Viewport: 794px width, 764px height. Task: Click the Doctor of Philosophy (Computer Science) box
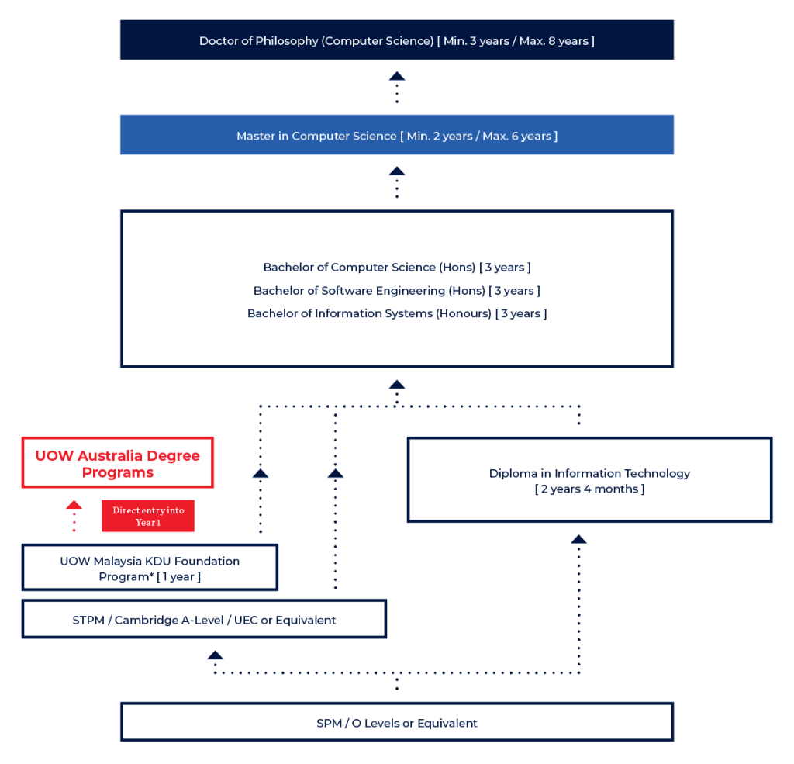tap(396, 40)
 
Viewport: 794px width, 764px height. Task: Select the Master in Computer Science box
tap(396, 136)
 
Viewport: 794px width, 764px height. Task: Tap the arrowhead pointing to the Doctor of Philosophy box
tap(397, 76)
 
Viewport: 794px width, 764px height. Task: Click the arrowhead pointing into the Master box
tap(397, 171)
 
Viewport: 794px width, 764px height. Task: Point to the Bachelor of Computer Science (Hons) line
tap(396, 267)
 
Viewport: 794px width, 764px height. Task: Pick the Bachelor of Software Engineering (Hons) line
tap(396, 290)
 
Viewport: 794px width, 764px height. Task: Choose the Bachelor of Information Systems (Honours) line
tap(396, 313)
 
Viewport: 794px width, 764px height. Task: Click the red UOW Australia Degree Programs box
tap(118, 463)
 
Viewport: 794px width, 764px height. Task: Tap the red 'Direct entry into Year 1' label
tap(148, 517)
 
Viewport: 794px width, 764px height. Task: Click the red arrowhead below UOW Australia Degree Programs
tap(74, 505)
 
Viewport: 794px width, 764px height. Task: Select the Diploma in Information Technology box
tap(589, 480)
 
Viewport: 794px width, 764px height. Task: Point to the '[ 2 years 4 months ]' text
tap(589, 489)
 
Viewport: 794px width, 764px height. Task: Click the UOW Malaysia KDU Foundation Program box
tap(150, 568)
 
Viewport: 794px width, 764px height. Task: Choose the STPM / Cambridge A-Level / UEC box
tap(204, 619)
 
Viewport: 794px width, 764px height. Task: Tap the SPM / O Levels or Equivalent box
tap(396, 722)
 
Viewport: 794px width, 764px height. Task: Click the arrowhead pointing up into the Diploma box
tap(578, 538)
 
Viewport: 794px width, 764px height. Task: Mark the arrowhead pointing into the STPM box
tap(215, 656)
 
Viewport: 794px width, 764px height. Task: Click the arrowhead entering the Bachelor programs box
tap(397, 385)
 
